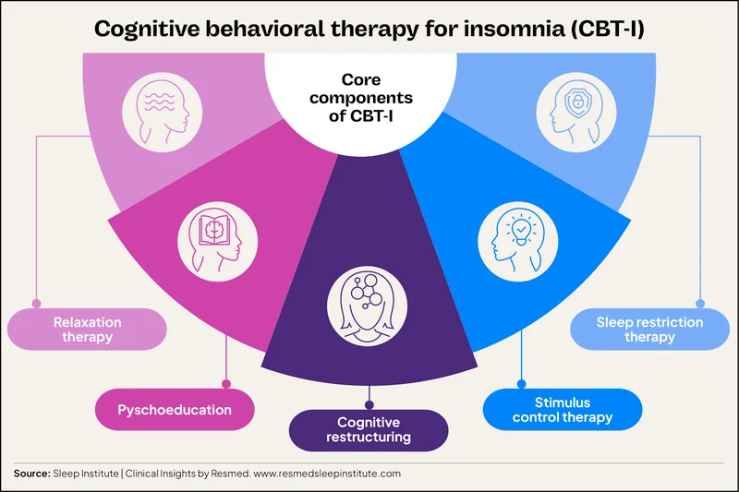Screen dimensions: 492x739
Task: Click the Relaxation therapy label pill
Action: tap(88, 330)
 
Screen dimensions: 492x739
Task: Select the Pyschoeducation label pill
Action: tap(174, 409)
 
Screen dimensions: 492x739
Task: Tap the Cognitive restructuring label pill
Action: tap(369, 430)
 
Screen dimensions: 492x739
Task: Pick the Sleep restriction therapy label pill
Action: tap(649, 330)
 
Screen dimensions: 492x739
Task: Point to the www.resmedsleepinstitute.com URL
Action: tap(328, 474)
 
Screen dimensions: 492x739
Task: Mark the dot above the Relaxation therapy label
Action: tap(36, 303)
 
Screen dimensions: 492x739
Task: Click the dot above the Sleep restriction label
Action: tap(701, 303)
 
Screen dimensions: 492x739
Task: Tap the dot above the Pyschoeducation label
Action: tap(225, 383)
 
